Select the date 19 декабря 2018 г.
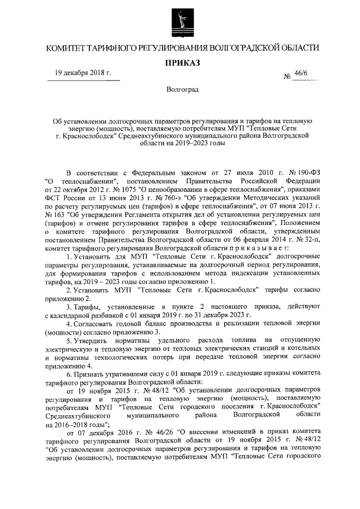click(83, 74)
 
